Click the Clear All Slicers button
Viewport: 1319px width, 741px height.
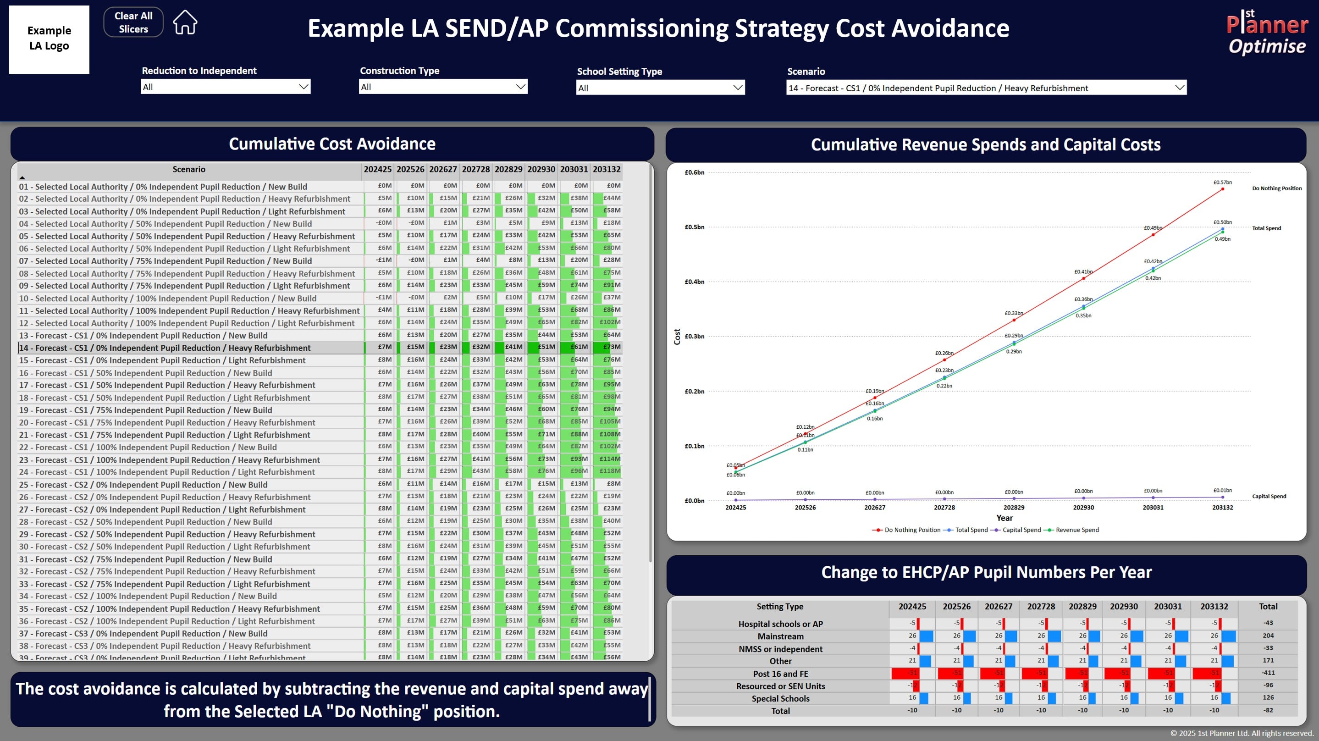pos(133,22)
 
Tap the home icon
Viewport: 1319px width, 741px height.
pos(185,22)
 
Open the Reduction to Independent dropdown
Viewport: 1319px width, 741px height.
pos(225,87)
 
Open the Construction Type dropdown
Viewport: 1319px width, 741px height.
pos(443,87)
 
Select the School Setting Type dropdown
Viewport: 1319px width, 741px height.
pos(660,88)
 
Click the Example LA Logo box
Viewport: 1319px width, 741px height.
pos(49,39)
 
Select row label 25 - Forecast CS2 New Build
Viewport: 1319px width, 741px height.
pos(143,484)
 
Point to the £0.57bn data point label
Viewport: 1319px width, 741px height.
pos(1222,182)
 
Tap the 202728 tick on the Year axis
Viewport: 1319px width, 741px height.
pos(944,508)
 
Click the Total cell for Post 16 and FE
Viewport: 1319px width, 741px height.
pos(1268,673)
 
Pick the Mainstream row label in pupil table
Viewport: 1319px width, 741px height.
pos(780,636)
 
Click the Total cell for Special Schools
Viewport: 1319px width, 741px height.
pos(1268,697)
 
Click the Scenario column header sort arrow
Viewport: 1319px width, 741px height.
pos(22,177)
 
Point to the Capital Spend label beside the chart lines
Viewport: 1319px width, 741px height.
pos(1269,496)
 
